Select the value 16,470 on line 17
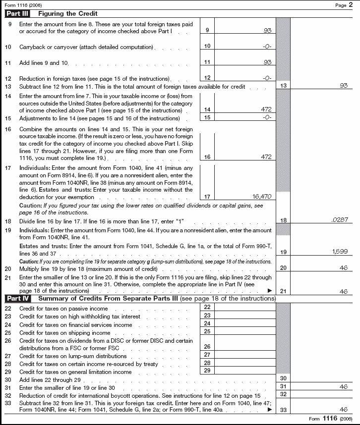pos(262,197)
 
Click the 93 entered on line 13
pos(343,86)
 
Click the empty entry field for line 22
pos(244,308)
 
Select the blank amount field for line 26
pos(244,347)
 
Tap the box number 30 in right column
pos(283,378)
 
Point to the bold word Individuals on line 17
pos(35,168)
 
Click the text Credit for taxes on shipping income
pos(64,333)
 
